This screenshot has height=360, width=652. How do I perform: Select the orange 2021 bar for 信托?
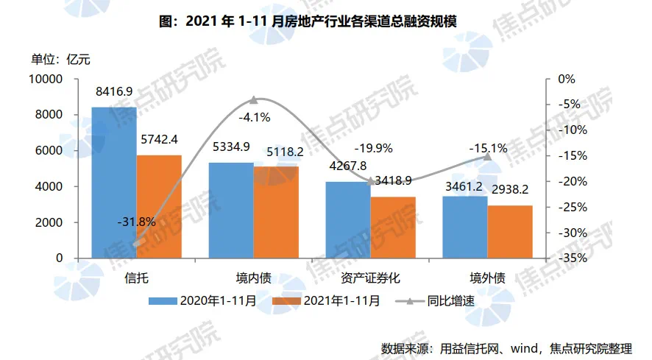[159, 207]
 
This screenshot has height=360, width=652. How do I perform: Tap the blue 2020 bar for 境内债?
[230, 211]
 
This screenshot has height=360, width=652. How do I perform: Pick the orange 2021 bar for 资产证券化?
[393, 227]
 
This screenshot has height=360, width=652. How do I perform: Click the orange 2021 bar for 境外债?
[510, 232]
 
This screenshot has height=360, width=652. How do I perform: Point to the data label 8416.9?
[114, 92]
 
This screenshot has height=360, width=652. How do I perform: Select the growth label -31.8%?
[136, 221]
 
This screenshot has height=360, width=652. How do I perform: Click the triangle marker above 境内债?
[254, 99]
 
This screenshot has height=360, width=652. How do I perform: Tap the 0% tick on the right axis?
[567, 79]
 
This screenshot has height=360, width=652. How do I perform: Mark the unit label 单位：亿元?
[60, 59]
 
